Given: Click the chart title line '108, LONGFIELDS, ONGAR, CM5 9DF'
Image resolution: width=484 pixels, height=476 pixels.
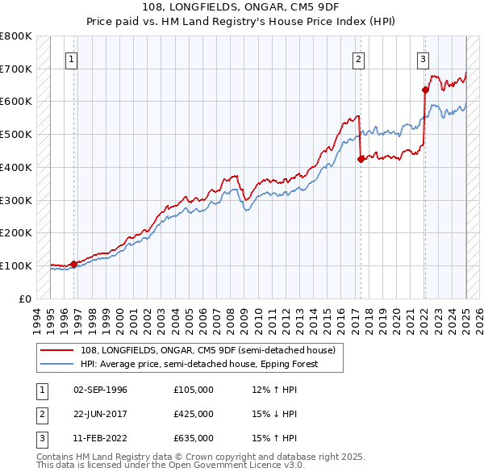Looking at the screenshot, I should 242,8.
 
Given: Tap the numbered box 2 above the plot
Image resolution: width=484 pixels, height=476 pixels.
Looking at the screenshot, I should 357,58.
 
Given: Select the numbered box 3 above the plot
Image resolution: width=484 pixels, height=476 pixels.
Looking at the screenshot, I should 423,58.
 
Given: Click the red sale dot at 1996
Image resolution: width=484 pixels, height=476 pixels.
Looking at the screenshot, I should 73,263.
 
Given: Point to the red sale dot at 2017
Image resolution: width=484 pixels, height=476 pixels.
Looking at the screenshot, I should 360,159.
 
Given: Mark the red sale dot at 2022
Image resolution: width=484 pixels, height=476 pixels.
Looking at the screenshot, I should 425,90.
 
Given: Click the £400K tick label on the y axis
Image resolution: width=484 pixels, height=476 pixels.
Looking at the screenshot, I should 15,167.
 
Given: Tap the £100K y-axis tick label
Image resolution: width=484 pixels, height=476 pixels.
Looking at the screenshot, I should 15,265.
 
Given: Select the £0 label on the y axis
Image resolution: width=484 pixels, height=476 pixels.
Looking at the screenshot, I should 24,299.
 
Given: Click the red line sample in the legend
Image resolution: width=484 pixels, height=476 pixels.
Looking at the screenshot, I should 58,349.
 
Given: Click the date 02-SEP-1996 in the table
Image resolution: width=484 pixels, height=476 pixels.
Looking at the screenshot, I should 100,390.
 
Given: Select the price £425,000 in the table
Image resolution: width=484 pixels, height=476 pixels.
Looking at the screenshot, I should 194,414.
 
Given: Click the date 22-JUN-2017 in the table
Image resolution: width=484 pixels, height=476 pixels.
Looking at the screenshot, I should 100,414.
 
